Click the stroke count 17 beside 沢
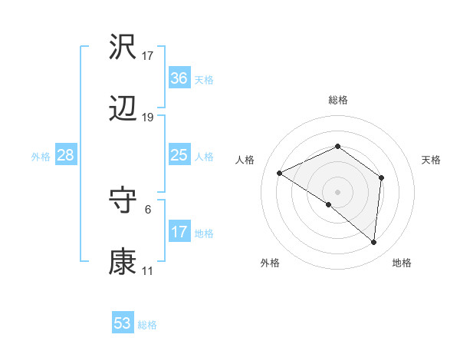point(148,56)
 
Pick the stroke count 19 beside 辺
point(148,118)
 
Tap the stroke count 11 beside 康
point(148,271)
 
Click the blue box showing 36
point(179,78)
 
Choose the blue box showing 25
point(179,155)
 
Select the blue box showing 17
point(179,231)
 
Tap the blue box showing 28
point(66,155)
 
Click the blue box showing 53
point(123,323)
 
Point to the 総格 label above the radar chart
point(337,100)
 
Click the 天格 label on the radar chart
point(432,160)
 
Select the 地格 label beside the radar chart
point(402,263)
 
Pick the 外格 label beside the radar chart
point(270,263)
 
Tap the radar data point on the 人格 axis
point(280,173)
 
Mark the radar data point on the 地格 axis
point(374,243)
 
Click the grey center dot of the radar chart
point(337,191)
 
